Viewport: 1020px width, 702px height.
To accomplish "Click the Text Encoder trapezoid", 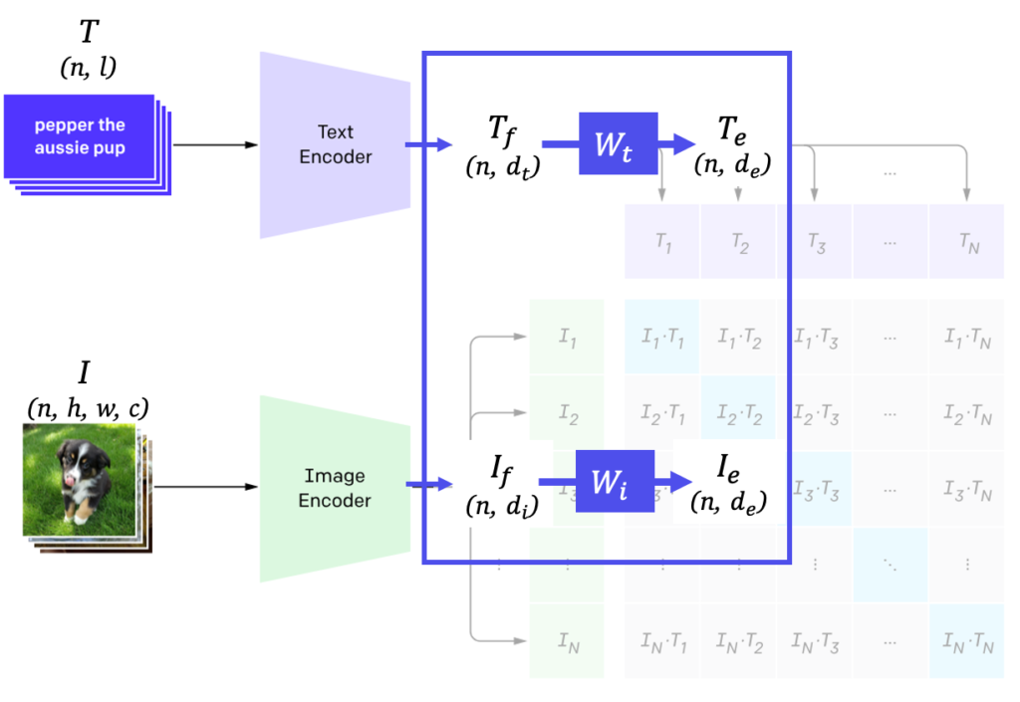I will [335, 144].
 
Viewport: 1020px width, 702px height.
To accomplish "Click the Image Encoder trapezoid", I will [335, 488].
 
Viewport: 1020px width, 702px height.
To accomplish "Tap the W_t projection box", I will [618, 143].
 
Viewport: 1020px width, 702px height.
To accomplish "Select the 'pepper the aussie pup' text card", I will [80, 137].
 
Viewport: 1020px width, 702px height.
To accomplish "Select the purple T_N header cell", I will [966, 242].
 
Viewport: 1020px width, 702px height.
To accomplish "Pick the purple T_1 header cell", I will [662, 242].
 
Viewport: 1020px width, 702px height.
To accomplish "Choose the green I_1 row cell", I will [567, 338].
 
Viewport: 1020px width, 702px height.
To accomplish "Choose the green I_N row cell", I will [567, 642].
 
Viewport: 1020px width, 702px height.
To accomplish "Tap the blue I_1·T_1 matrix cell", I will [662, 338].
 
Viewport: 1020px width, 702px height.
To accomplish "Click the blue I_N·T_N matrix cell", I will [966, 642].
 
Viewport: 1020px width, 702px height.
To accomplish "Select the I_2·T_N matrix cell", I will [966, 413].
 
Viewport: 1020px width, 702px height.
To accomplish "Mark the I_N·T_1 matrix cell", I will [662, 642].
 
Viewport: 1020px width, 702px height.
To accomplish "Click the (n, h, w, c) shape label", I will [88, 408].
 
